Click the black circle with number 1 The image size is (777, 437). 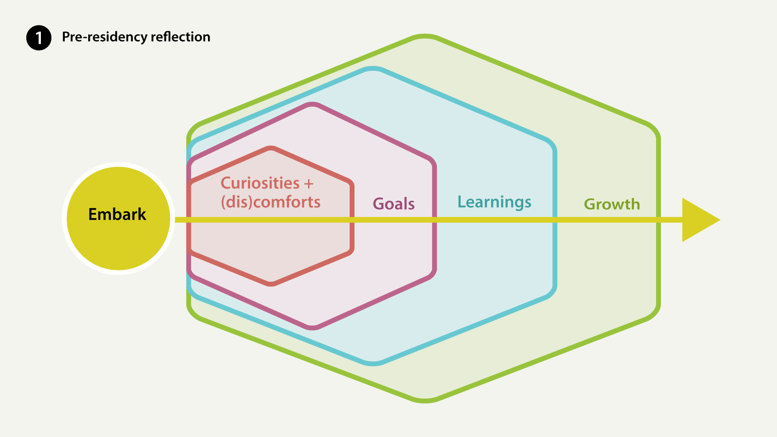click(39, 38)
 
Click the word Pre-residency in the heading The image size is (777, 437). click(104, 37)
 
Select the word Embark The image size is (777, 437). click(117, 214)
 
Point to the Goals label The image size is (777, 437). click(394, 204)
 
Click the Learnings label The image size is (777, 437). click(494, 202)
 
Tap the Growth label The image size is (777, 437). click(612, 204)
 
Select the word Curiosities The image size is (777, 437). click(260, 183)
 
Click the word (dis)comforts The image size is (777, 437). click(271, 202)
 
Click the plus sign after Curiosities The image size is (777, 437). click(309, 184)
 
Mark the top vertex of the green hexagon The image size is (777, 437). click(425, 36)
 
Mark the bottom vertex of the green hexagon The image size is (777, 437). click(425, 401)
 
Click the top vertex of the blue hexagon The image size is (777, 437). click(373, 68)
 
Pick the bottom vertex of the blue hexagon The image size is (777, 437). click(373, 364)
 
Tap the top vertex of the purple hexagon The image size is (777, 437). click(312, 104)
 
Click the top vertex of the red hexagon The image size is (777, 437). click(271, 148)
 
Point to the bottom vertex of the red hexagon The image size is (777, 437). click(271, 284)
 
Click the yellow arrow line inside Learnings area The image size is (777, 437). click(495, 220)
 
